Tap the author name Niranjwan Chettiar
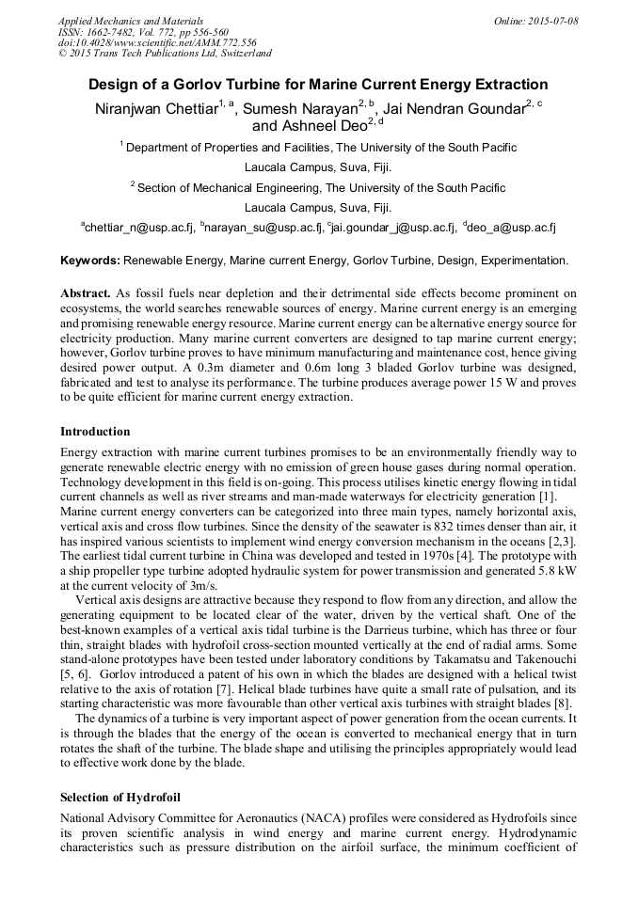click(156, 109)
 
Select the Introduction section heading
click(95, 432)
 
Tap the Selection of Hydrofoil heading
click(120, 798)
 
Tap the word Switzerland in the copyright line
click(239, 54)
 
